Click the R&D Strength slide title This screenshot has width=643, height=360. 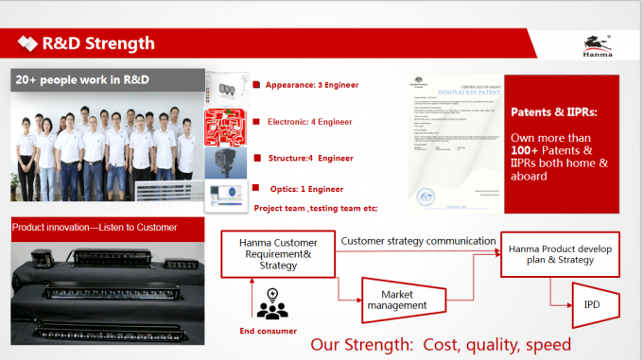[97, 43]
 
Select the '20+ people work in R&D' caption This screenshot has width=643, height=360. [82, 79]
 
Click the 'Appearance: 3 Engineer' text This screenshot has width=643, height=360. [313, 84]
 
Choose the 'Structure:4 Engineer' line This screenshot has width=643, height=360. [311, 158]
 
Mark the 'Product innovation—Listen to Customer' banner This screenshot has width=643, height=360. [95, 227]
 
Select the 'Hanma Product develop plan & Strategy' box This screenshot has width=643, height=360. [560, 253]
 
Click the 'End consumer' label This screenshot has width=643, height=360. [269, 331]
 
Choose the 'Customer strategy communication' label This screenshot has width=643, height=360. [418, 241]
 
